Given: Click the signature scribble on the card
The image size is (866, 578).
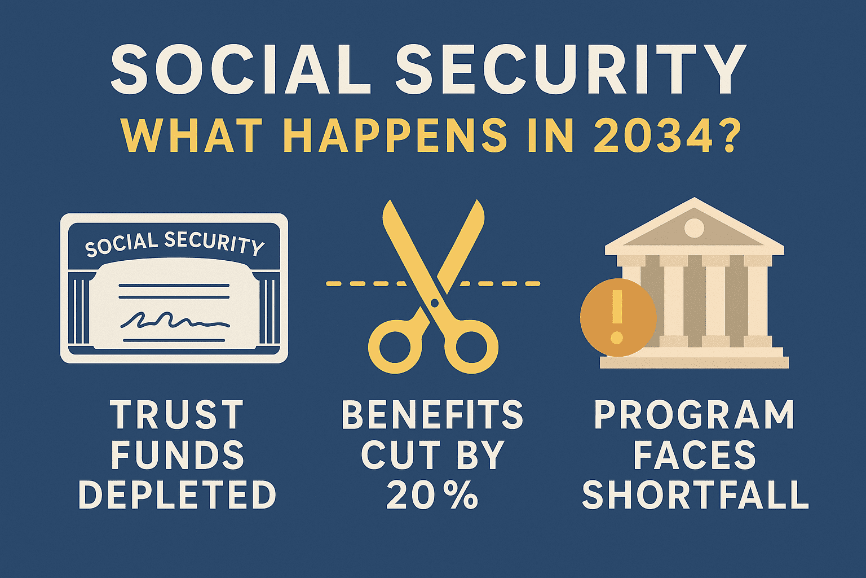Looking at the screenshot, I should (x=175, y=321).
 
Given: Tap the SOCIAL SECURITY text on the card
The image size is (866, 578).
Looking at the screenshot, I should (x=174, y=243).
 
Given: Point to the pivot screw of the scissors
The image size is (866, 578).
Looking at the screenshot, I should (x=434, y=303).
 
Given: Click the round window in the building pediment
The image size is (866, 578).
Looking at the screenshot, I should (x=694, y=228).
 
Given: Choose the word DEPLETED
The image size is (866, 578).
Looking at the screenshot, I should (x=177, y=495).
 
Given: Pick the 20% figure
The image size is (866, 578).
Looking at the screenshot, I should (x=432, y=495).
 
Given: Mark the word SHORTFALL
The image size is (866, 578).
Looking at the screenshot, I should (x=695, y=495).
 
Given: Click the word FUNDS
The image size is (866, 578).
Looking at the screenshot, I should (x=177, y=455).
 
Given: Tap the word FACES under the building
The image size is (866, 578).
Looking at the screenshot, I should (x=695, y=455).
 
